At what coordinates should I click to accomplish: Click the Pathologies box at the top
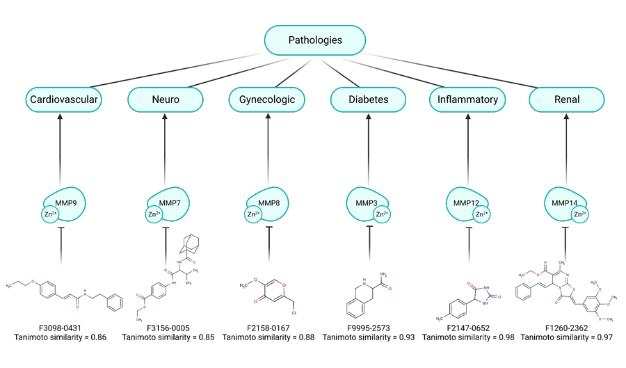tap(315, 40)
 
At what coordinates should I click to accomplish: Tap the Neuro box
tap(166, 99)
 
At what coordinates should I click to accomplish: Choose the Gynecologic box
tap(267, 99)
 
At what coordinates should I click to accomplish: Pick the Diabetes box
tap(368, 99)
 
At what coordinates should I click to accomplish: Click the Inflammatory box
tap(467, 99)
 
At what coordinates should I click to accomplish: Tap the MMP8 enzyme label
tap(267, 203)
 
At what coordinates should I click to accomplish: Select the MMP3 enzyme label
tap(367, 203)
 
